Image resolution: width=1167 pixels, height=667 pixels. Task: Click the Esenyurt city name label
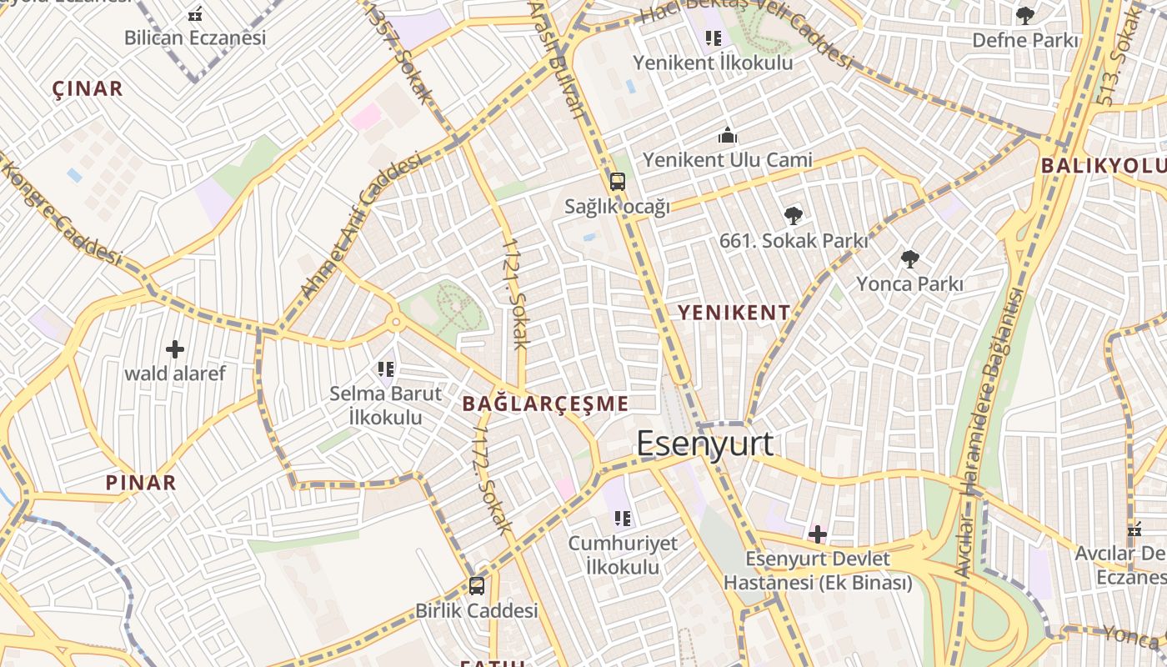point(705,444)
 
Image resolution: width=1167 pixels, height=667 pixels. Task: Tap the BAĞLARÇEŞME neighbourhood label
point(545,404)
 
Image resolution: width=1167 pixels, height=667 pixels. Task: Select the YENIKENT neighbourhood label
point(734,313)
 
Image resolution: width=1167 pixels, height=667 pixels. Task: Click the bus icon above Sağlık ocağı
point(617,181)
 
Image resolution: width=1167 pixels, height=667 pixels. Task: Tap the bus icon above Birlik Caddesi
point(477,585)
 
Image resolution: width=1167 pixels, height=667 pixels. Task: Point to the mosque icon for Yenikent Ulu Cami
point(728,135)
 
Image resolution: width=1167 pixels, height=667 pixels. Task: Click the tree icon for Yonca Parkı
point(909,259)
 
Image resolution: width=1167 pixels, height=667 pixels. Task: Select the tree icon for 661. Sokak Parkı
point(794,216)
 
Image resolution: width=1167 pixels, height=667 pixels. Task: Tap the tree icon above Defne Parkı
point(1025,15)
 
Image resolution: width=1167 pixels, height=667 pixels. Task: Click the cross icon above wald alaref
point(175,349)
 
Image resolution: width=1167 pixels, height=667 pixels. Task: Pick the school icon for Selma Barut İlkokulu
point(385,368)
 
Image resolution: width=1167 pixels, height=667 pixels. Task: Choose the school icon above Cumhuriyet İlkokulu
point(623,519)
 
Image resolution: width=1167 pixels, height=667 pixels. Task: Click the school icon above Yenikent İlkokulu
point(713,38)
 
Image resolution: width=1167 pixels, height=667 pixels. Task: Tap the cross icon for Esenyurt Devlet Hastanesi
point(818,534)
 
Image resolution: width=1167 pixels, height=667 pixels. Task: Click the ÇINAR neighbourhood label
point(88,88)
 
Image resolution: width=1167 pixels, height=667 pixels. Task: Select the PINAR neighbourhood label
point(141,482)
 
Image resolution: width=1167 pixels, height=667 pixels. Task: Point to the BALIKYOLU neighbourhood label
point(1102,165)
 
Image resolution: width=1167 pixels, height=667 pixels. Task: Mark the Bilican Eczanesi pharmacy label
point(195,38)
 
